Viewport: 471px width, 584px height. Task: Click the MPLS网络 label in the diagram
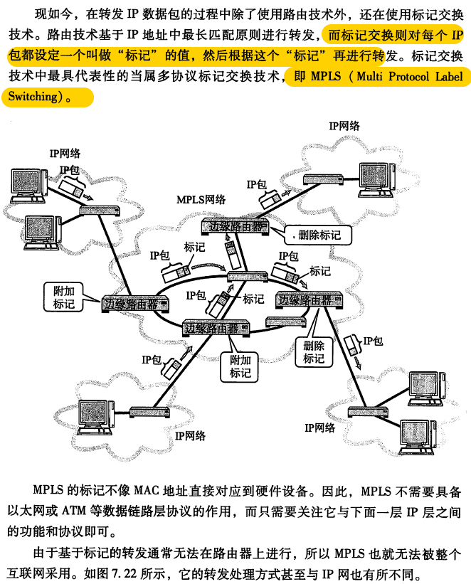(201, 200)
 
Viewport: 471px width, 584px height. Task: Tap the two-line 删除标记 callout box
(314, 352)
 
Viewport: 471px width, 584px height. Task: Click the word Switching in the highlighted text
(31, 97)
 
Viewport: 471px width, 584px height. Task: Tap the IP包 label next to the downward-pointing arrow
(373, 342)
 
